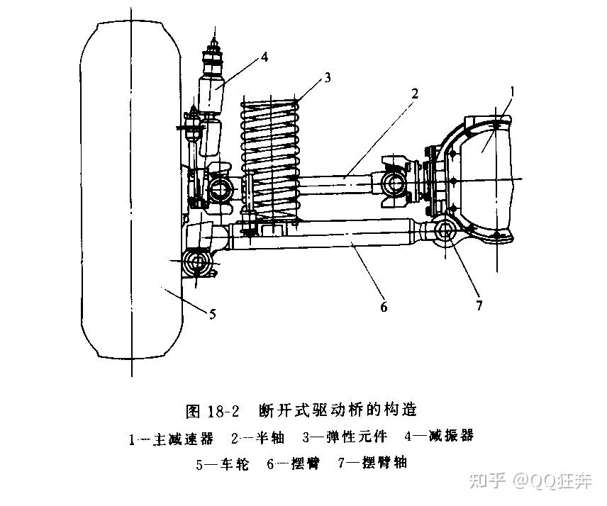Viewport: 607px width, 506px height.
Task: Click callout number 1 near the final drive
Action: tap(513, 91)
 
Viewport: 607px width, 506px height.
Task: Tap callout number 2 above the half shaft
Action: tap(414, 93)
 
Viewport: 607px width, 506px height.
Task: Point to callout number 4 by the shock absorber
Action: tap(264, 57)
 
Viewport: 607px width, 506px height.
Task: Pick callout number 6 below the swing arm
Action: tap(384, 307)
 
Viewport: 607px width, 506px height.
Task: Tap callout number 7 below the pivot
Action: tap(479, 305)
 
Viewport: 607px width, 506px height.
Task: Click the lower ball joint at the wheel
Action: tap(196, 264)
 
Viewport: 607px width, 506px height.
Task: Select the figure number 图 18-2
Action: tap(213, 410)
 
